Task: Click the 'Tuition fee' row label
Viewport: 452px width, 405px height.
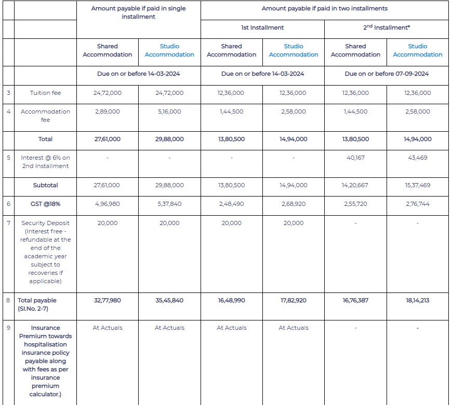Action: click(45, 93)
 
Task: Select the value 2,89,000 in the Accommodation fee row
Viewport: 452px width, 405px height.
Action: click(108, 111)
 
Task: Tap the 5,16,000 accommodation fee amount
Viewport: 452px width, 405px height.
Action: click(169, 111)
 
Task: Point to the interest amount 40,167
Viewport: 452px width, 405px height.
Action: click(355, 158)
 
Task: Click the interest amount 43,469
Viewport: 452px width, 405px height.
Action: click(418, 158)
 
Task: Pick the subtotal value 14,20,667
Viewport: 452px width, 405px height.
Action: click(355, 185)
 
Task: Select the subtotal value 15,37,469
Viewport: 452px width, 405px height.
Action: click(418, 185)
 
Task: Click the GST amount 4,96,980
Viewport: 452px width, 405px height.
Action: click(108, 204)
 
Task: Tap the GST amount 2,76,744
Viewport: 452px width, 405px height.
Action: click(418, 204)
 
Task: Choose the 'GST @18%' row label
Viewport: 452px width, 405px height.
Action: click(45, 204)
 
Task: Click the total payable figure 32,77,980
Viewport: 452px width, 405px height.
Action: click(108, 300)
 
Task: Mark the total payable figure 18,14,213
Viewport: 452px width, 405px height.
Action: click(418, 300)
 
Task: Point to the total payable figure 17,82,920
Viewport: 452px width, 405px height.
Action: click(294, 300)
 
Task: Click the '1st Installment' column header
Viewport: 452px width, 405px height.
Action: click(262, 27)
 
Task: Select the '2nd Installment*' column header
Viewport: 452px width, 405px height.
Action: click(387, 27)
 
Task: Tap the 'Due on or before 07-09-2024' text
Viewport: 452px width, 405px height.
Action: click(387, 74)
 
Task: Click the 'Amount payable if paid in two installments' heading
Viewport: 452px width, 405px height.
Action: click(324, 9)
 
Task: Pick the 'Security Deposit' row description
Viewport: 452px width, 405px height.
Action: click(45, 252)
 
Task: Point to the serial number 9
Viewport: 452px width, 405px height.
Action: click(8, 328)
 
